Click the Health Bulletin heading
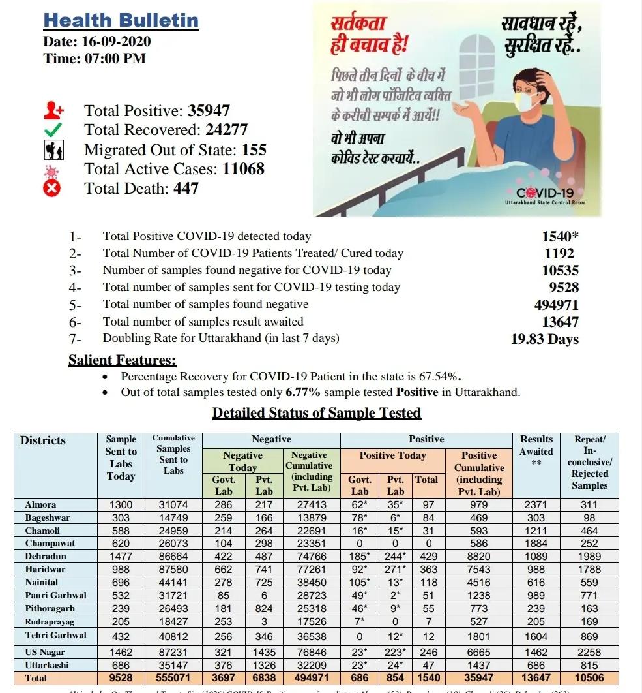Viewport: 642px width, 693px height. tap(121, 20)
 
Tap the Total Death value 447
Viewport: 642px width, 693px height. tap(186, 189)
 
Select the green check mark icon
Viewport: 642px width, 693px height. tap(53, 130)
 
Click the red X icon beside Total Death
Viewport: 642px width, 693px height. tap(52, 189)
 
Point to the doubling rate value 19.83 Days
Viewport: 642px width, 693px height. tap(544, 339)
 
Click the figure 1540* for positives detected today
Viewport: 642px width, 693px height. tap(560, 236)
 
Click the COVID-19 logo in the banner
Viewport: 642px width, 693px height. tap(545, 194)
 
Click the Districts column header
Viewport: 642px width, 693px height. tap(43, 440)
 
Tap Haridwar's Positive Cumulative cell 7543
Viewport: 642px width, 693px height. tap(479, 569)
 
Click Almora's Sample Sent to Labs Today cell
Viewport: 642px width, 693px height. tap(121, 504)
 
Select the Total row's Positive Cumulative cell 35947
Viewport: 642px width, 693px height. tap(479, 678)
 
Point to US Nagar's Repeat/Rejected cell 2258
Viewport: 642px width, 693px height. tap(589, 652)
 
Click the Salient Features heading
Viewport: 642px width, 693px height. tap(123, 360)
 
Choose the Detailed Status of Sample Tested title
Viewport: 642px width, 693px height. tap(317, 413)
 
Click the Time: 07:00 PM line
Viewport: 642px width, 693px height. tap(95, 59)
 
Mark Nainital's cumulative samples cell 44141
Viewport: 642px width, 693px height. tap(173, 582)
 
